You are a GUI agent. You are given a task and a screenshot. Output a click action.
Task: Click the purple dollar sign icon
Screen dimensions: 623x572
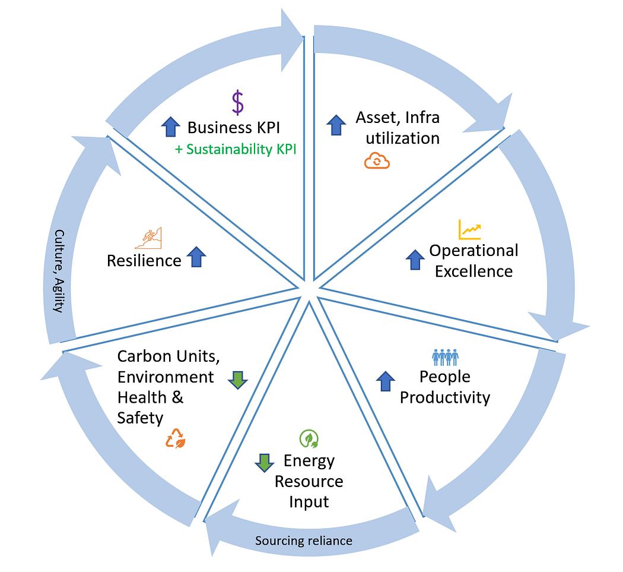pyautogui.click(x=237, y=103)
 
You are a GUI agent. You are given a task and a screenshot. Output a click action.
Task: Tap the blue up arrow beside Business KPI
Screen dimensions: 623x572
pyautogui.click(x=170, y=127)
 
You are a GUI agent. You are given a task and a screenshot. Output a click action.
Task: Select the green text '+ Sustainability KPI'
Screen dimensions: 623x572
pyautogui.click(x=236, y=149)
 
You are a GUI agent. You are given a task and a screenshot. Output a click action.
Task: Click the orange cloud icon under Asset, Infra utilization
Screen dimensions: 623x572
pyautogui.click(x=377, y=161)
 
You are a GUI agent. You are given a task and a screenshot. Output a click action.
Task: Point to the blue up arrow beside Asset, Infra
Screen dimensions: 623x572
pyautogui.click(x=336, y=125)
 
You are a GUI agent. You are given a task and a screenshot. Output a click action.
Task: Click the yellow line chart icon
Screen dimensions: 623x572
pyautogui.click(x=469, y=229)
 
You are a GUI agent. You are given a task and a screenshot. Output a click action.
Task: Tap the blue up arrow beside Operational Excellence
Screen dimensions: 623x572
pyautogui.click(x=415, y=260)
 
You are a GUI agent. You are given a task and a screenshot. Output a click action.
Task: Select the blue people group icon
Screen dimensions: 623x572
pyautogui.click(x=446, y=357)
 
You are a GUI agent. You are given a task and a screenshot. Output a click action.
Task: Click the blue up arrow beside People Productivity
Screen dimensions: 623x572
pyautogui.click(x=386, y=381)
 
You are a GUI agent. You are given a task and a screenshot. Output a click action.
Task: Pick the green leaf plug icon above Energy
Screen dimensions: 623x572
pyautogui.click(x=309, y=439)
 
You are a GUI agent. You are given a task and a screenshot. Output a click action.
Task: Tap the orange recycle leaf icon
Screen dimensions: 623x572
pyautogui.click(x=175, y=438)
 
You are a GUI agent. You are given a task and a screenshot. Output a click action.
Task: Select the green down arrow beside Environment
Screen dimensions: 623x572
pyautogui.click(x=238, y=380)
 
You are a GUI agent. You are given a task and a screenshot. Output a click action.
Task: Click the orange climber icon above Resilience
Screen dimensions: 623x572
pyautogui.click(x=148, y=238)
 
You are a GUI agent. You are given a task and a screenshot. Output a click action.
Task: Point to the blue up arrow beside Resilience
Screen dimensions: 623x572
pyautogui.click(x=196, y=257)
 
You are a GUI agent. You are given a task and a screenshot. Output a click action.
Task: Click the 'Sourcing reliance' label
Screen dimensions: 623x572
pyautogui.click(x=304, y=541)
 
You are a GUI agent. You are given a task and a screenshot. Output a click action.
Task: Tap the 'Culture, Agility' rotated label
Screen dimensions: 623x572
pyautogui.click(x=59, y=271)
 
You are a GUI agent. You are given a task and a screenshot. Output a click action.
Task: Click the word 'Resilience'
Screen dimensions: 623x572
pyautogui.click(x=144, y=261)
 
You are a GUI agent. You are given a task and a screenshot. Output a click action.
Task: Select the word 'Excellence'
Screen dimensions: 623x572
pyautogui.click(x=473, y=271)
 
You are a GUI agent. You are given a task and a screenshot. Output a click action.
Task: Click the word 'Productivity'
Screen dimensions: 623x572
pyautogui.click(x=445, y=397)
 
